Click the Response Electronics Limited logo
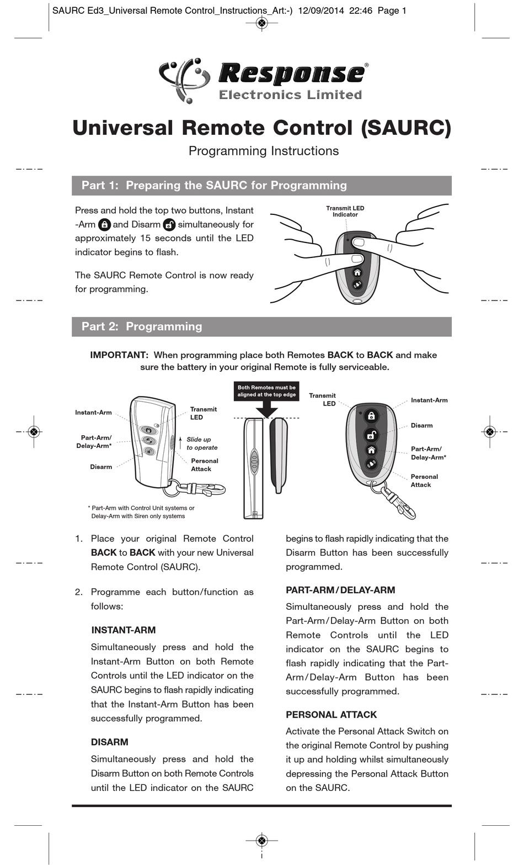[263, 81]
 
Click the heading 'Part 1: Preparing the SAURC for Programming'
[214, 186]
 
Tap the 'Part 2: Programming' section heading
[142, 326]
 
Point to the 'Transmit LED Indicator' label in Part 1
[345, 211]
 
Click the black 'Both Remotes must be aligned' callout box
[266, 391]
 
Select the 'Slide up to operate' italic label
[202, 444]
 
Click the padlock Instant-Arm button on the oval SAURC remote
[371, 415]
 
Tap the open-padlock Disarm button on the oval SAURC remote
[371, 435]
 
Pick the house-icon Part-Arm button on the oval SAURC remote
[371, 450]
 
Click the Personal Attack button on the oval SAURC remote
[371, 464]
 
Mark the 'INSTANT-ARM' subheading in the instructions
[124, 630]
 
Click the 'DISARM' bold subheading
[110, 742]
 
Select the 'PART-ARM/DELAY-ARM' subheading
[340, 590]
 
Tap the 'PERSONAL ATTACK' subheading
[331, 715]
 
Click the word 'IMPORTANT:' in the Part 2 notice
[119, 355]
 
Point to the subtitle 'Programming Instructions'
[264, 151]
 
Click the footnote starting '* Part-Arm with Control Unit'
[141, 512]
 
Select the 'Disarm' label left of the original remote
[101, 467]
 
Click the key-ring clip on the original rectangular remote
[195, 488]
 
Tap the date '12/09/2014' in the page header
[321, 11]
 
